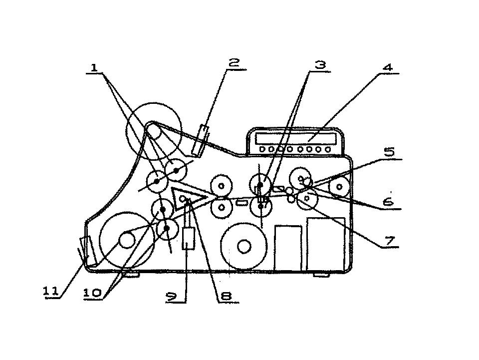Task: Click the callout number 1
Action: pyautogui.click(x=94, y=68)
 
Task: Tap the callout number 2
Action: pyautogui.click(x=234, y=63)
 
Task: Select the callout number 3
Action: pyautogui.click(x=320, y=65)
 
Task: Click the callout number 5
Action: pyautogui.click(x=389, y=152)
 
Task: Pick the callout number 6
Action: pyautogui.click(x=388, y=202)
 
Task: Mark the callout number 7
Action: pyautogui.click(x=389, y=241)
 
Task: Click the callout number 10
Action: pyautogui.click(x=92, y=293)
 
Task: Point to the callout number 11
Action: pyautogui.click(x=51, y=291)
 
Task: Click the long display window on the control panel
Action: pyautogui.click(x=296, y=139)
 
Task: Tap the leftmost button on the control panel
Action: pyautogui.click(x=262, y=149)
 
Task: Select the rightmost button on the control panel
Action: pyautogui.click(x=328, y=149)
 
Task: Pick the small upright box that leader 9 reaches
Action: pyautogui.click(x=189, y=239)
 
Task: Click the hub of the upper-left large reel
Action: pyautogui.click(x=154, y=132)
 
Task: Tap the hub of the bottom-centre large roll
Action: pyautogui.click(x=244, y=246)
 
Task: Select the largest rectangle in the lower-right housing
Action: pyautogui.click(x=326, y=244)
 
